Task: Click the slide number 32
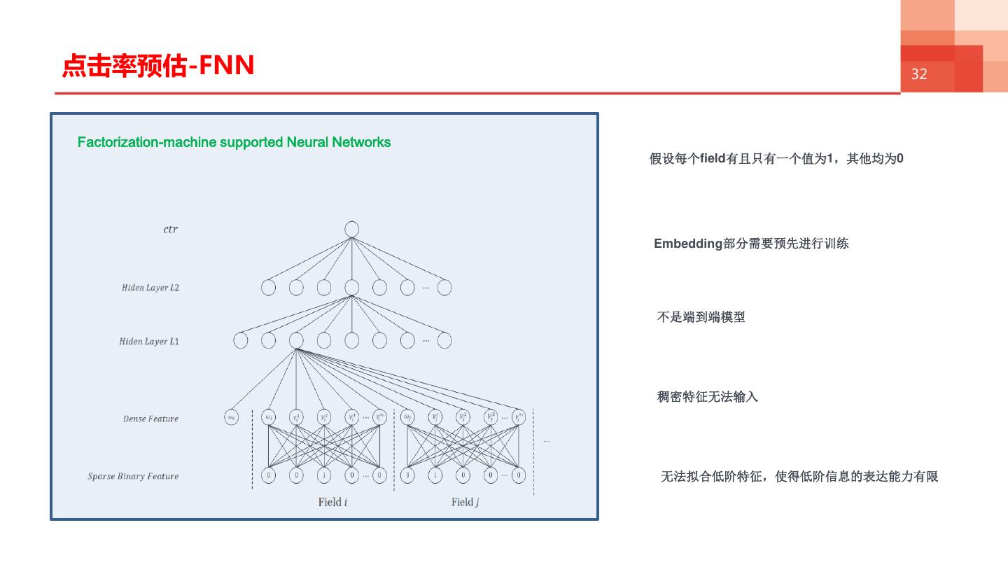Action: (x=918, y=74)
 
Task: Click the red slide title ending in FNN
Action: (x=158, y=66)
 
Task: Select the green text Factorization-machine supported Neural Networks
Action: (x=234, y=142)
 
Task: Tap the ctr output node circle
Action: (x=352, y=230)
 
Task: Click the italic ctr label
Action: (x=170, y=230)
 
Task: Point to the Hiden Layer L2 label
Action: (x=150, y=288)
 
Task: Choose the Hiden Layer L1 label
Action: (x=148, y=342)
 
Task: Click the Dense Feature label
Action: (x=150, y=419)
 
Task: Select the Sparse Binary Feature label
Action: (x=133, y=477)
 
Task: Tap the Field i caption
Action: (x=332, y=502)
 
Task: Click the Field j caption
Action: (x=465, y=502)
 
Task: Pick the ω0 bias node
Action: (x=231, y=417)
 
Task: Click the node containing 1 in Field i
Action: (x=323, y=475)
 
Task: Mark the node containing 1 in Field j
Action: (x=435, y=475)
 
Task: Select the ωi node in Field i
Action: (x=268, y=417)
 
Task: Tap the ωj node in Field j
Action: (x=407, y=417)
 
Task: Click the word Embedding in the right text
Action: (x=687, y=244)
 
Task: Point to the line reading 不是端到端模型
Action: (x=701, y=317)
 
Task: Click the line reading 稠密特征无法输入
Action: (x=707, y=397)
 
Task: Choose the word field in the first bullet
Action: (x=713, y=159)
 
